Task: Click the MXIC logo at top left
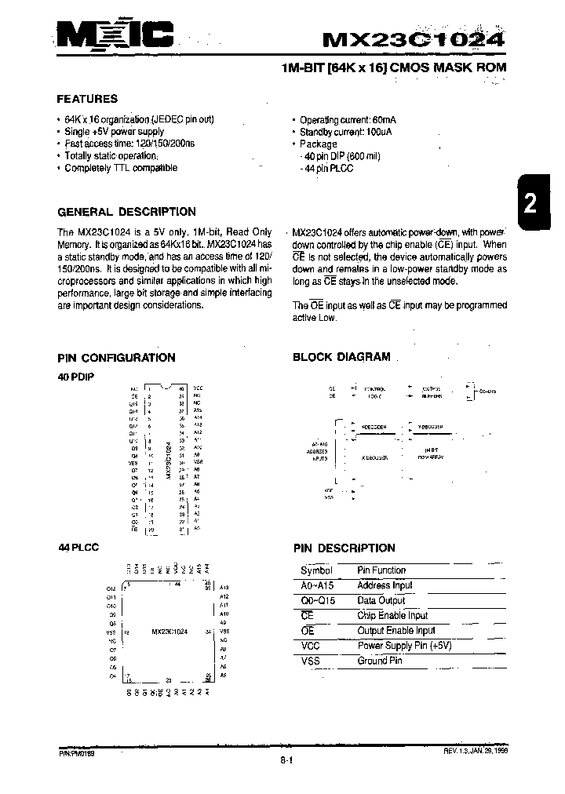click(x=115, y=35)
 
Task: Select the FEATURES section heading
click(x=87, y=99)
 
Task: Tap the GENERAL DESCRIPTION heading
click(x=126, y=212)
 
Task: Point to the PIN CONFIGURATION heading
click(x=116, y=358)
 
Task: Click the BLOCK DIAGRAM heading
click(x=341, y=357)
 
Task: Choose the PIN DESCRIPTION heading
click(x=344, y=548)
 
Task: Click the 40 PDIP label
click(x=75, y=377)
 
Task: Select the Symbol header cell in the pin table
click(x=316, y=571)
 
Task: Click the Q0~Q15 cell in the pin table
click(x=318, y=601)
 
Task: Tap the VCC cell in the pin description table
click(x=311, y=646)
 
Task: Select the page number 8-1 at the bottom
click(x=286, y=759)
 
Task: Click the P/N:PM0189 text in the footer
click(x=76, y=752)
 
